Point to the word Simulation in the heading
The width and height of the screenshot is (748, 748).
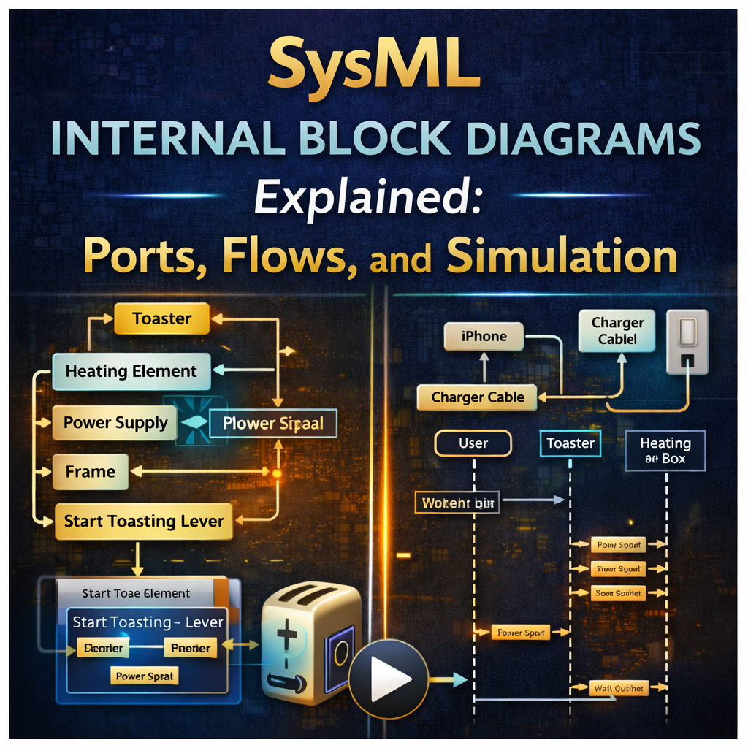click(561, 256)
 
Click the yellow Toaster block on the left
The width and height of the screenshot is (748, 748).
click(161, 319)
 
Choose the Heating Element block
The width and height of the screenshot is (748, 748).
click(131, 371)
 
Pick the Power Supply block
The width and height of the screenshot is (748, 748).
click(115, 423)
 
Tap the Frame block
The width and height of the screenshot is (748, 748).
click(91, 472)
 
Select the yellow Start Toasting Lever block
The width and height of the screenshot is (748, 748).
click(143, 522)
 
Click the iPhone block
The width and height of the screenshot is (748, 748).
click(484, 337)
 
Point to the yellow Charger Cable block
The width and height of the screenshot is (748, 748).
click(477, 398)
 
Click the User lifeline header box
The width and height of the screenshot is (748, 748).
click(473, 443)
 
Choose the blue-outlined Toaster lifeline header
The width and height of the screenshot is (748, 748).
click(570, 443)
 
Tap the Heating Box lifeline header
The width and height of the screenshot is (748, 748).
click(665, 451)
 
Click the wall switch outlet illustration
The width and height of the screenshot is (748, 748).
click(687, 342)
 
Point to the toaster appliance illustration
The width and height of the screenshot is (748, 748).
click(310, 643)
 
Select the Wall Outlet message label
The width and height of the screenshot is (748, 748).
click(619, 688)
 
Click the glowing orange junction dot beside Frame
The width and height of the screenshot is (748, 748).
click(277, 473)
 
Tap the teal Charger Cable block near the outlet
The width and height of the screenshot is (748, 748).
click(617, 331)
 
